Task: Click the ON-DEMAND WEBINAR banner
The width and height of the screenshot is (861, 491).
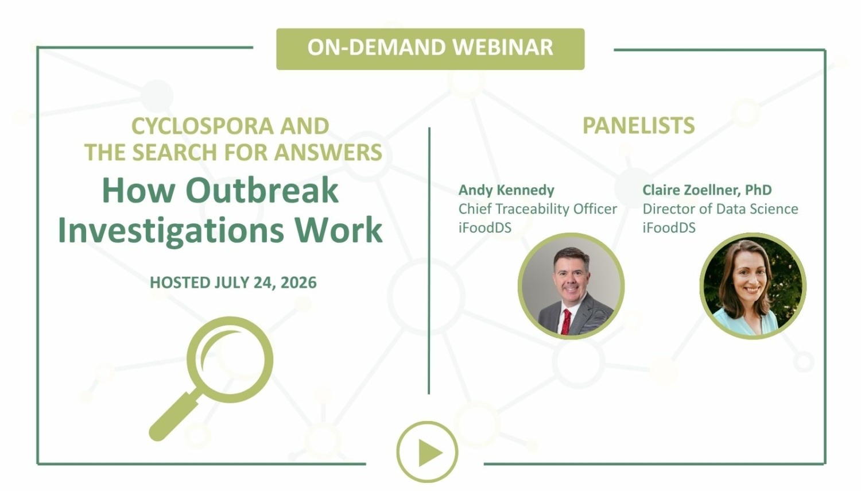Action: [430, 49]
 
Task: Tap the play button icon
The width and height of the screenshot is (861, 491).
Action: [427, 452]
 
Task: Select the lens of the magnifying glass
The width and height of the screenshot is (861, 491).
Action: [230, 359]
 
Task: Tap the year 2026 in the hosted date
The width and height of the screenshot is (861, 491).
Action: [298, 282]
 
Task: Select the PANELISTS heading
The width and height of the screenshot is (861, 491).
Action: [638, 125]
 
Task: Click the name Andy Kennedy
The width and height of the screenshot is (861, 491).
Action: [506, 190]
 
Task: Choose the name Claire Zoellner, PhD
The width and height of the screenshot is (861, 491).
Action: [707, 190]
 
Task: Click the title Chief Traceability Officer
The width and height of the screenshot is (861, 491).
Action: [538, 209]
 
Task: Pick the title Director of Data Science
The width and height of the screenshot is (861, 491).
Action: [720, 209]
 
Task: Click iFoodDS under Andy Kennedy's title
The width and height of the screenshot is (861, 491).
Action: [484, 227]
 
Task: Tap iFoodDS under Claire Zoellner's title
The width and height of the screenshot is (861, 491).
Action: [669, 227]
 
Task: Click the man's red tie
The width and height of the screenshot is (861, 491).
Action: [566, 322]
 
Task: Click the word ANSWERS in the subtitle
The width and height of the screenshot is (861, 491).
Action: [328, 152]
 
